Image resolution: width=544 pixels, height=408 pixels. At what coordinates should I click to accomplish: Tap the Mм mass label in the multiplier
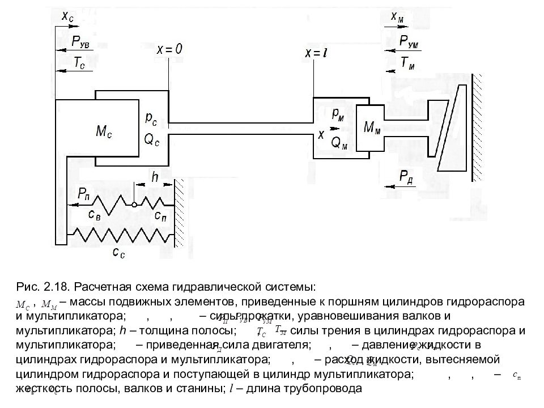tap(372, 128)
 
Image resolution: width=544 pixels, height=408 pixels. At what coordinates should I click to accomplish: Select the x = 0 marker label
tap(169, 50)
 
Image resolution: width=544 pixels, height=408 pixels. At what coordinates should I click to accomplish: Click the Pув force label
tap(82, 41)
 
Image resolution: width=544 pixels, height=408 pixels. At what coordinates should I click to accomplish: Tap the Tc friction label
tap(79, 63)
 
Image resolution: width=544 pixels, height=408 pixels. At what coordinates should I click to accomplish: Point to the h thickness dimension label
tap(155, 177)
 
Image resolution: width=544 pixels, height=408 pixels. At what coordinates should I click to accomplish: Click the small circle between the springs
tap(133, 205)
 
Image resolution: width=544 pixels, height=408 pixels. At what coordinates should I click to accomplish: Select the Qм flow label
tap(339, 143)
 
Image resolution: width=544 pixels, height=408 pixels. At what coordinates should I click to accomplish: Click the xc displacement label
tap(67, 18)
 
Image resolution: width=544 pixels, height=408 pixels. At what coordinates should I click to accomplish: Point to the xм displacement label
tap(397, 18)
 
